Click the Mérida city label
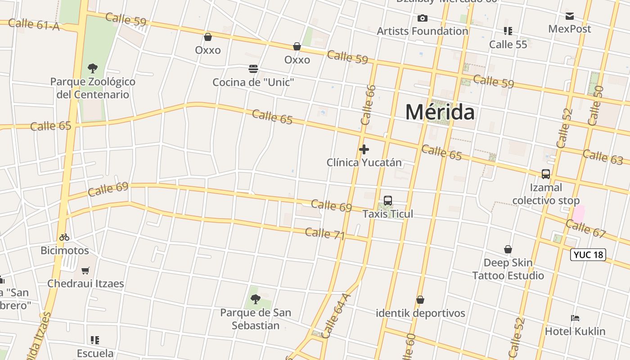click(440, 112)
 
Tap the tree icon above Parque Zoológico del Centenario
click(93, 68)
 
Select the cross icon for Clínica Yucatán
click(364, 149)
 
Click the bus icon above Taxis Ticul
click(388, 201)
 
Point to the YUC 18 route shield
click(588, 255)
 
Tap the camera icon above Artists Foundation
click(422, 18)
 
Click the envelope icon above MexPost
click(570, 16)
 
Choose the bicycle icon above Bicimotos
click(64, 237)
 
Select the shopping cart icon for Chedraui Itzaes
click(85, 270)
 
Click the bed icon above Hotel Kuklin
click(575, 318)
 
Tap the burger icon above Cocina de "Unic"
click(253, 69)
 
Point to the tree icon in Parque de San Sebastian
click(256, 299)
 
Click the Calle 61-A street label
click(34, 24)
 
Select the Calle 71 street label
click(325, 234)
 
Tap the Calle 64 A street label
click(336, 316)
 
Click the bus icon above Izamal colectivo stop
click(546, 174)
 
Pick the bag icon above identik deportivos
click(420, 300)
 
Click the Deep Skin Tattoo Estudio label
click(508, 269)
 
